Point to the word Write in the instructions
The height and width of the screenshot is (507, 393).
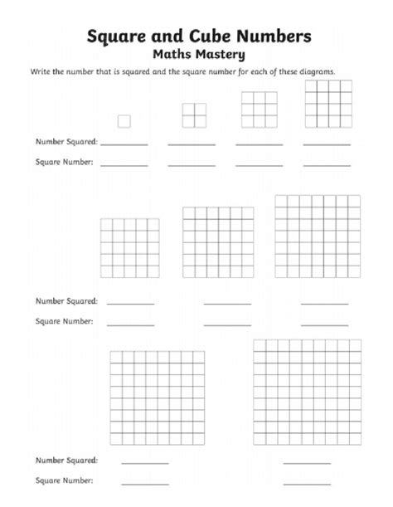42,72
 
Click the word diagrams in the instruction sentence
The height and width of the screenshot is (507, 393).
317,72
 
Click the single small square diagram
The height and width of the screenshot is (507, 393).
124,121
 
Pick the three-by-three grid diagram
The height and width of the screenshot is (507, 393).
258,109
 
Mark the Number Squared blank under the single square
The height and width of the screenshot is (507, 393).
124,145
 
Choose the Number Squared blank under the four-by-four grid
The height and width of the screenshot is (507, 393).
325,145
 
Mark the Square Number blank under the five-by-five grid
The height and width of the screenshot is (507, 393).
130,322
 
